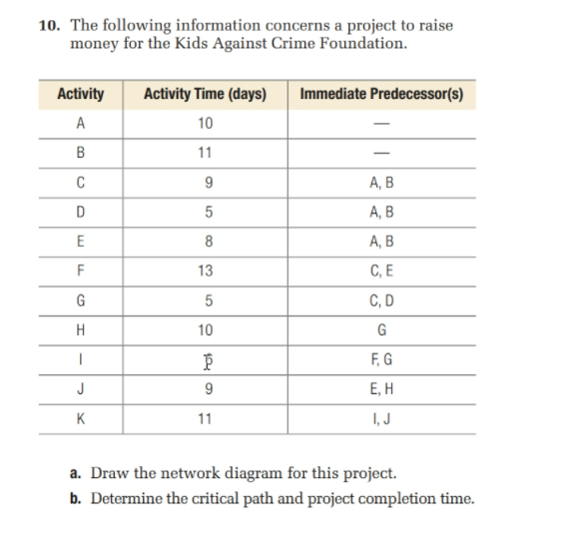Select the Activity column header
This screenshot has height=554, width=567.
pos(81,95)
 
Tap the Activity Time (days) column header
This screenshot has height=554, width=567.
pos(205,95)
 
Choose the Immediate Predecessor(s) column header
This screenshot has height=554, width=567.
pos(380,95)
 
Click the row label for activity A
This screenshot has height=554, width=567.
pos(81,123)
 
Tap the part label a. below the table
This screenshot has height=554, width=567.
pos(78,473)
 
